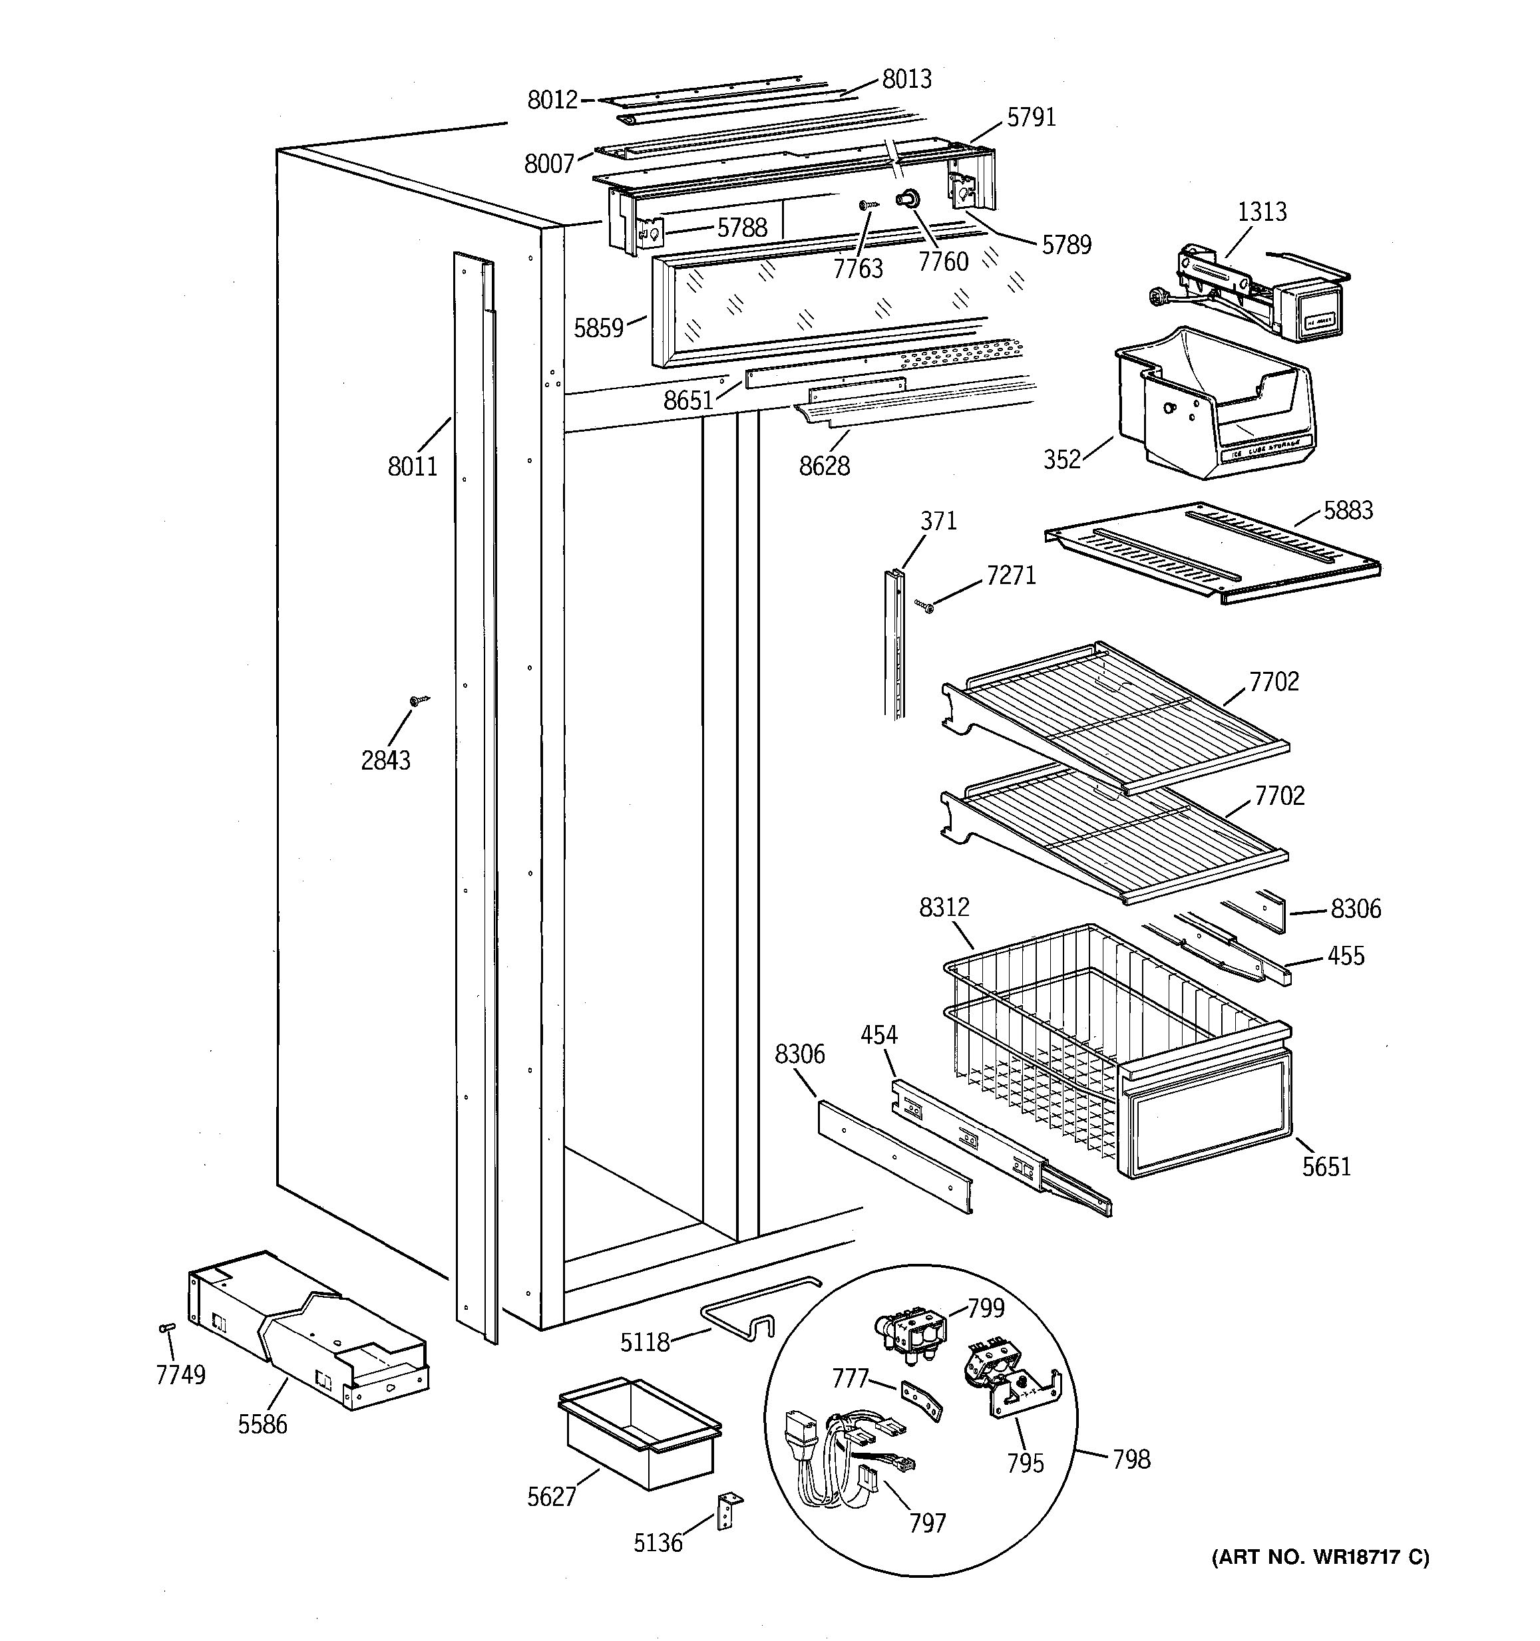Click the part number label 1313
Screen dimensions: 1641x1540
(1261, 212)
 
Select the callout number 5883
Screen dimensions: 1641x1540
(1348, 510)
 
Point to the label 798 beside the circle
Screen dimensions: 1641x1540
(1131, 1459)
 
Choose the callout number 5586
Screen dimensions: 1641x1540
(263, 1424)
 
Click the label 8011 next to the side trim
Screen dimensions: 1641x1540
(412, 466)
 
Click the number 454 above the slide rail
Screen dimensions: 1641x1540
(878, 1034)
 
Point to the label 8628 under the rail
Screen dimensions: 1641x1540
(823, 466)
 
